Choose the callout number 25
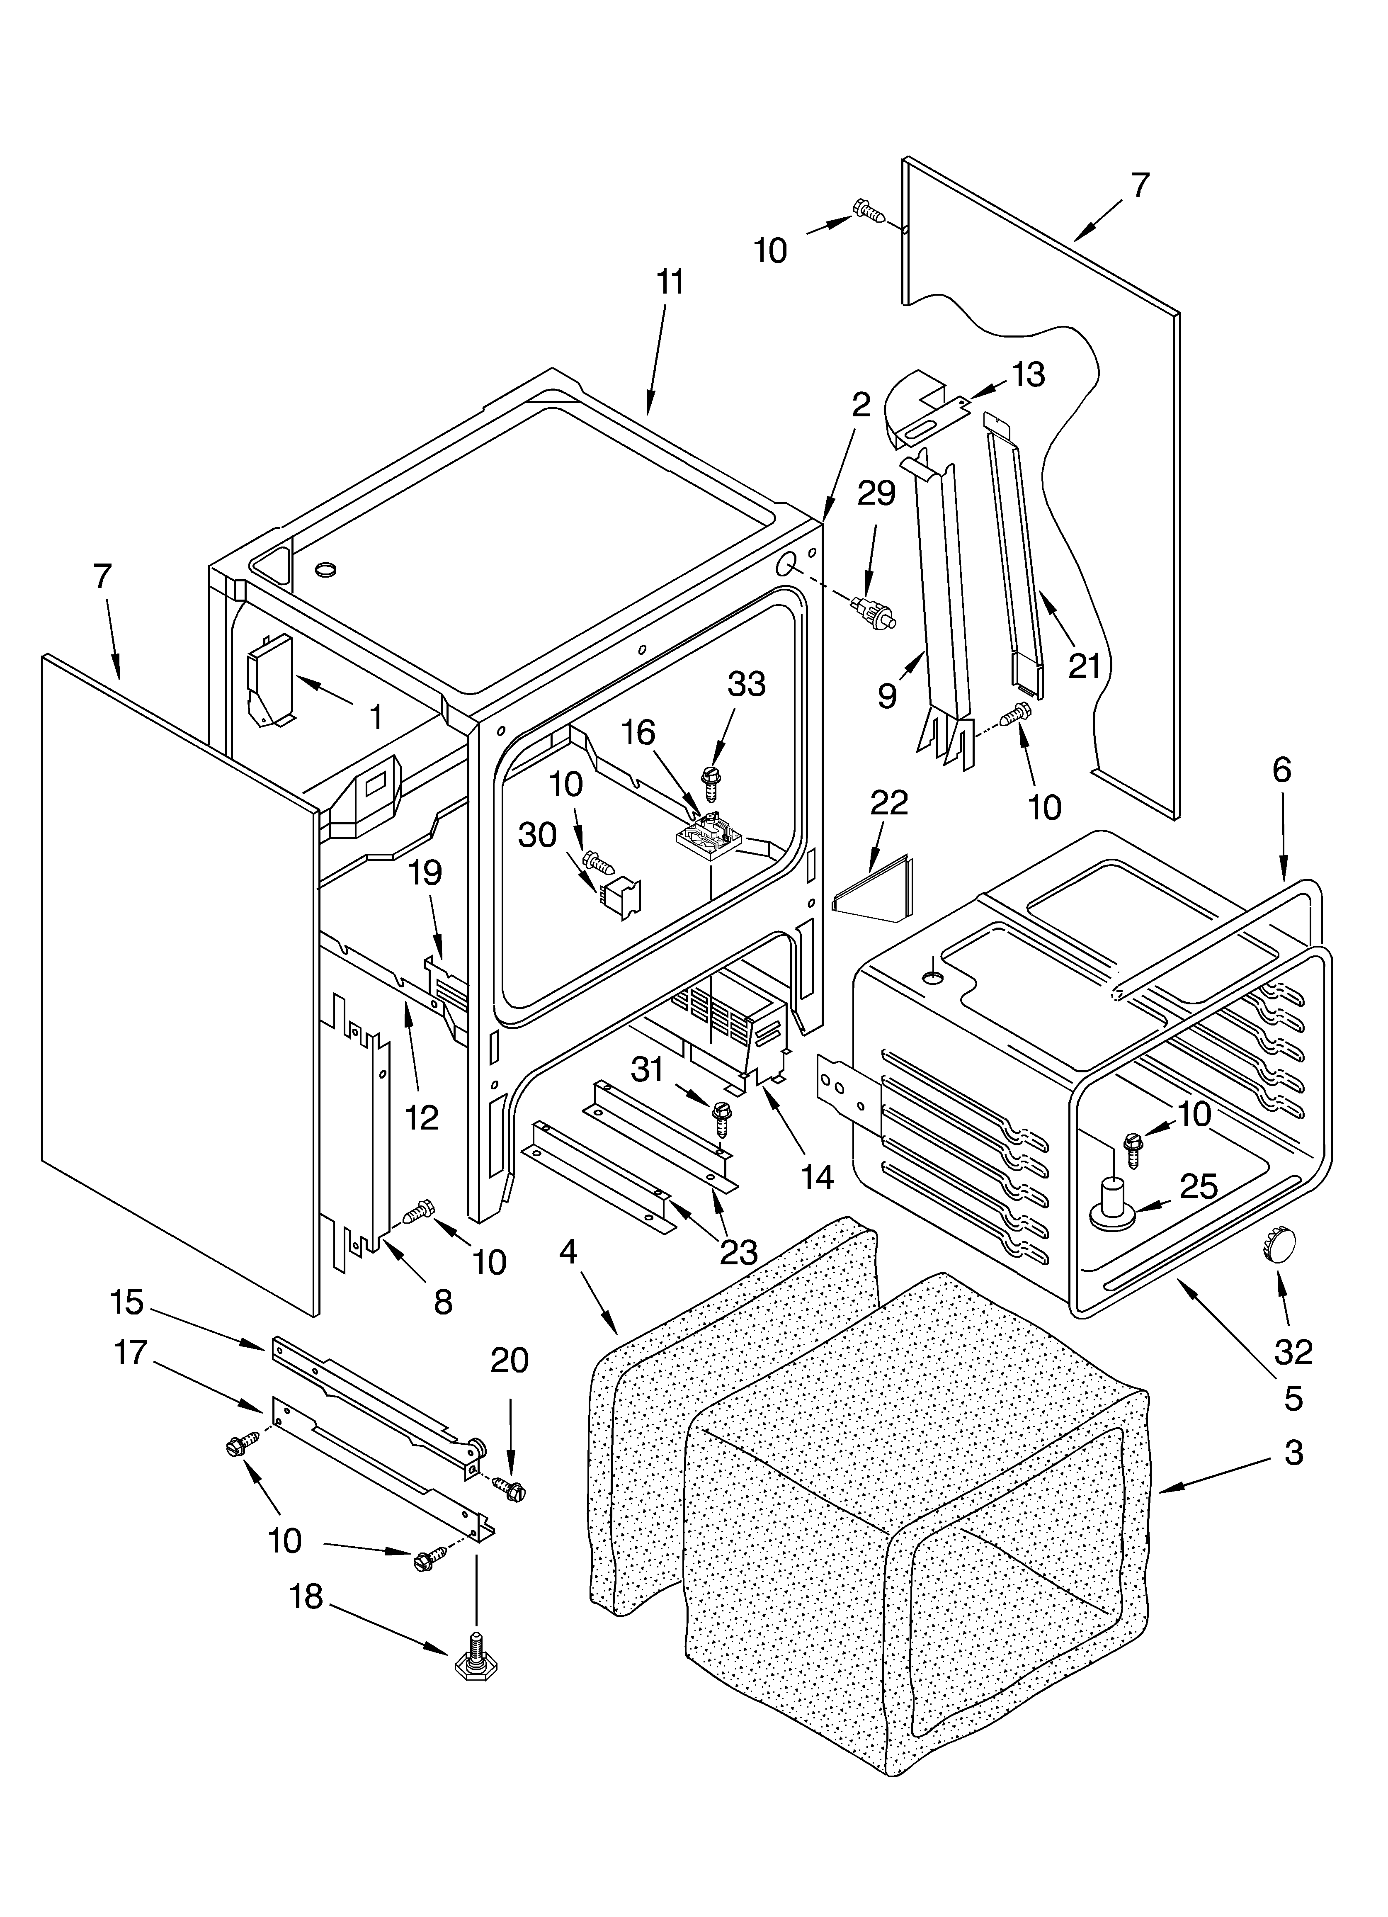[x=1199, y=1187]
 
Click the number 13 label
[x=1028, y=374]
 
